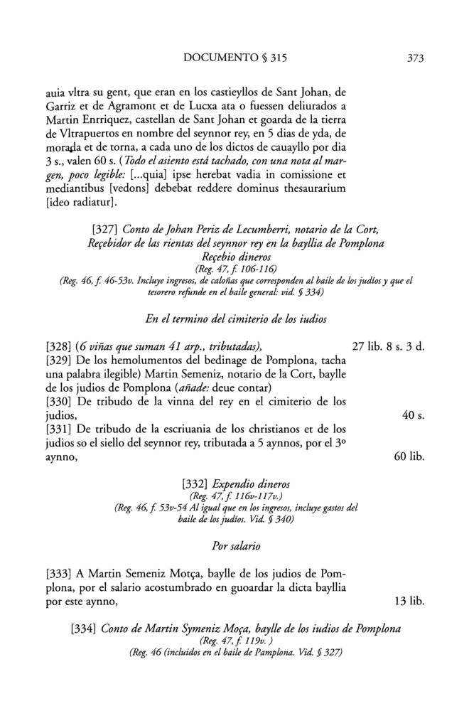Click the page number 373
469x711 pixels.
coord(411,59)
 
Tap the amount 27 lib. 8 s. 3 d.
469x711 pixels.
coord(388,346)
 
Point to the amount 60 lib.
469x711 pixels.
coord(409,456)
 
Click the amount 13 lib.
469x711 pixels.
coord(409,602)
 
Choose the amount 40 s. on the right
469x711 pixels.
coord(413,415)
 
